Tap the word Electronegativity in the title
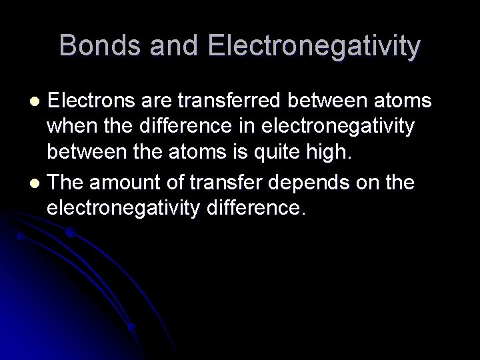click(315, 46)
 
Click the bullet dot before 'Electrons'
click(38, 101)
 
